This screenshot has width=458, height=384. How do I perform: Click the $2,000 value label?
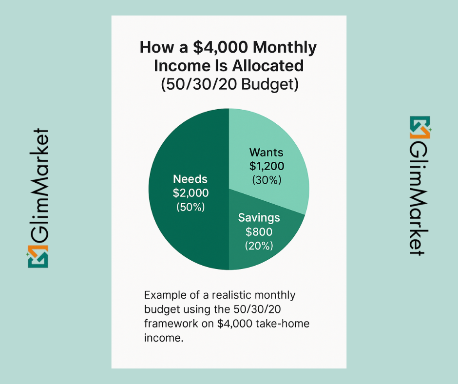(191, 192)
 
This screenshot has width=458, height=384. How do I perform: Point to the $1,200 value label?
(267, 166)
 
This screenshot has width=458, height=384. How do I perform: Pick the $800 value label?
(259, 231)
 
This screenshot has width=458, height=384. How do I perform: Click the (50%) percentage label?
(191, 207)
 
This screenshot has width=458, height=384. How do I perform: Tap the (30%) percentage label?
(267, 180)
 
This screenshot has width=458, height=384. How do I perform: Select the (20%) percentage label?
(259, 246)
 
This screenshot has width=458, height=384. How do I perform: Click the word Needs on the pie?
(191, 179)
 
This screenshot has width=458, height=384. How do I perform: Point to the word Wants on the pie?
(267, 152)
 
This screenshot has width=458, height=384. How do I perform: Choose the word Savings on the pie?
(259, 217)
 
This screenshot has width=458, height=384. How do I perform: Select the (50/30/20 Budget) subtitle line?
(229, 84)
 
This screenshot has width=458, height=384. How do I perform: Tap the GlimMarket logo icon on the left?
(38, 256)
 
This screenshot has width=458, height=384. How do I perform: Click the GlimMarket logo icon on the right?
(420, 126)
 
